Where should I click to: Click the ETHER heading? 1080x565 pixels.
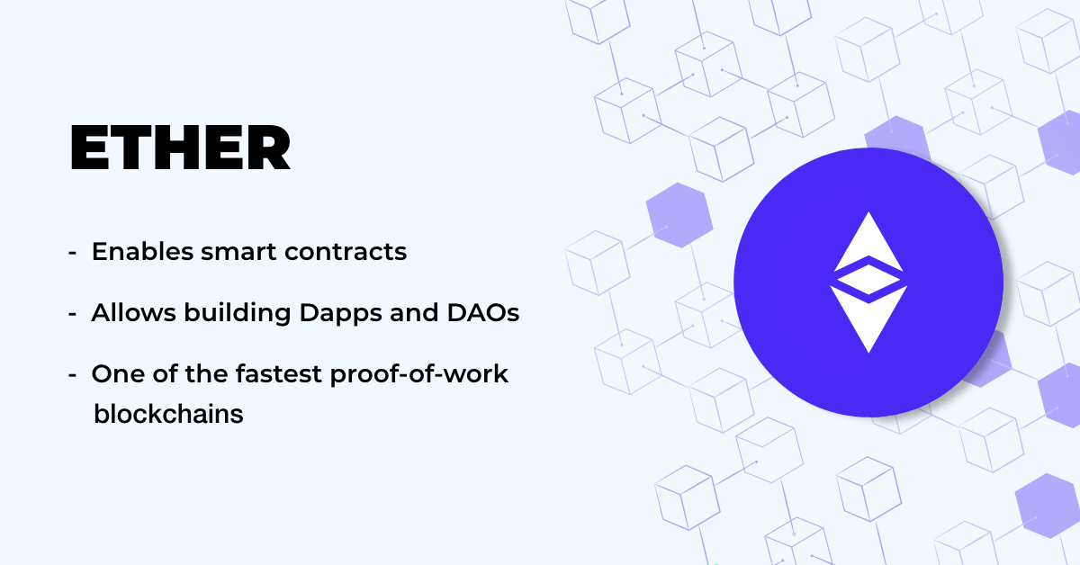(x=180, y=148)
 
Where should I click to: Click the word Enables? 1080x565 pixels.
(x=142, y=251)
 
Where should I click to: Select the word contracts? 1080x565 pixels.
(x=346, y=252)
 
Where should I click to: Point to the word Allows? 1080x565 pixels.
(x=133, y=312)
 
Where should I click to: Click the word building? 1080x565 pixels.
(x=238, y=313)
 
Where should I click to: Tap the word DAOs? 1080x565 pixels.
(x=483, y=312)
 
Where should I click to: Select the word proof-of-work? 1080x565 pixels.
(x=419, y=374)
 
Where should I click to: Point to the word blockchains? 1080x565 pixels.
(x=168, y=414)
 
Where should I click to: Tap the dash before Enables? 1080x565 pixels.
(x=72, y=252)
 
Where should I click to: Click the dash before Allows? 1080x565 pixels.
(x=72, y=313)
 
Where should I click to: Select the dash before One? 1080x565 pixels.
(x=72, y=374)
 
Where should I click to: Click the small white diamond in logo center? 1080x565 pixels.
(x=868, y=279)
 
